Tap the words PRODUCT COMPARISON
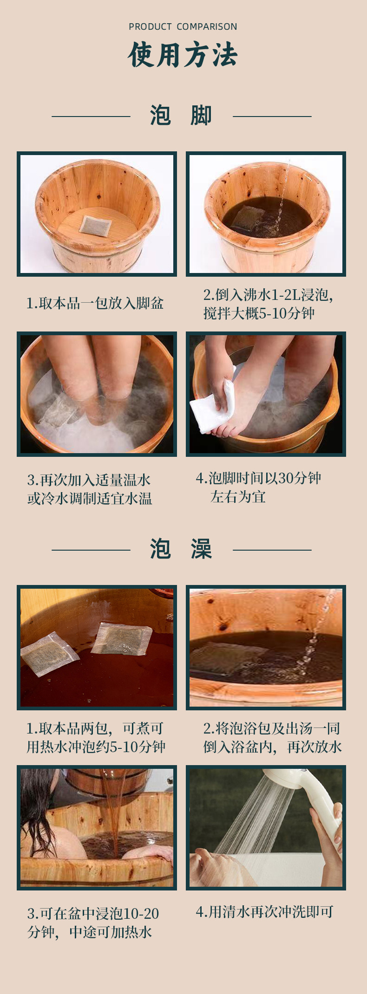(183, 27)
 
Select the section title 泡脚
(181, 116)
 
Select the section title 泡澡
(181, 549)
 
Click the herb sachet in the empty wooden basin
(95, 225)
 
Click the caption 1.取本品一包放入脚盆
(95, 304)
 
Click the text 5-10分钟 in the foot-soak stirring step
(286, 314)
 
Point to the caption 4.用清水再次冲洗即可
(264, 912)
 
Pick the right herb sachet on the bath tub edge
(122, 638)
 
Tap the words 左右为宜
(238, 497)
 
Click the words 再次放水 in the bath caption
(315, 747)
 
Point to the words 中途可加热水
(111, 932)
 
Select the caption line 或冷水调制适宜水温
(90, 499)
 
